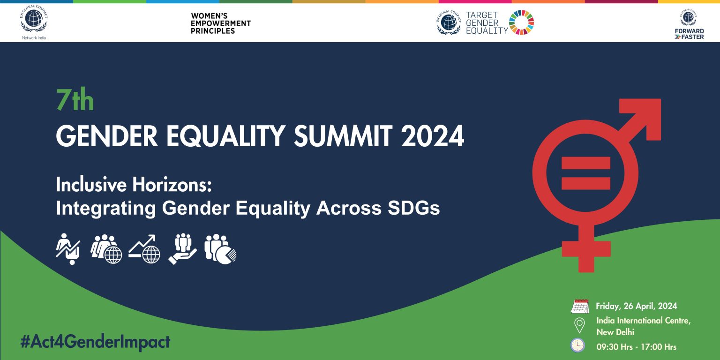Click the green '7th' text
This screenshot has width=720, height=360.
(x=75, y=100)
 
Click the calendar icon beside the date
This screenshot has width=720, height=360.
(x=580, y=306)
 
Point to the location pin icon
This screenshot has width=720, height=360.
(x=579, y=325)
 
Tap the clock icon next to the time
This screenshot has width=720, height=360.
(x=577, y=345)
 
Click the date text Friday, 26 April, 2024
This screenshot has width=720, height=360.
(x=636, y=306)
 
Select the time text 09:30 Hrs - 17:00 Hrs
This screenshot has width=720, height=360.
(x=636, y=347)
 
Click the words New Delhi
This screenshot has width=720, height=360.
(x=615, y=332)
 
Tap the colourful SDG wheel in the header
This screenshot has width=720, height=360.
(x=521, y=22)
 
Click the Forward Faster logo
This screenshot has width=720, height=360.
(x=689, y=25)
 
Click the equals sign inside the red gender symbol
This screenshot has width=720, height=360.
(x=585, y=172)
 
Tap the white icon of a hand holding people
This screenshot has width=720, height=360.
(x=182, y=249)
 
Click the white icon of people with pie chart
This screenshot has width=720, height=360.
(x=220, y=249)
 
